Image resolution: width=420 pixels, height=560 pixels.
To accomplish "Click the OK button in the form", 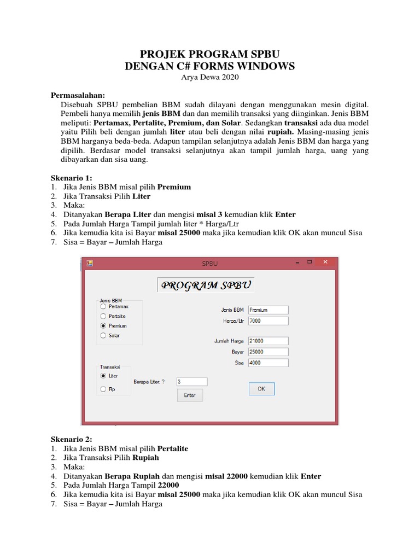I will (261, 389).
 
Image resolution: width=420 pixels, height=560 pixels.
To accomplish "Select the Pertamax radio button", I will (103, 307).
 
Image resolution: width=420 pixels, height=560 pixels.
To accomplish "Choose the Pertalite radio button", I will (103, 316).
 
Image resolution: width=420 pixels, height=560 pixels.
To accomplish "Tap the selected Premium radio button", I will (103, 326).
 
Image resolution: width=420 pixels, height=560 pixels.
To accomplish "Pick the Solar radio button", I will (103, 336).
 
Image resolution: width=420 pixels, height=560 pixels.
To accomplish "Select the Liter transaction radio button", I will (103, 376).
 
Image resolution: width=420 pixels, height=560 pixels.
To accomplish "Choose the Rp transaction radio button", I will (103, 389).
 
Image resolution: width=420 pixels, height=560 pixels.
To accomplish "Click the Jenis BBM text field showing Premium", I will (268, 310).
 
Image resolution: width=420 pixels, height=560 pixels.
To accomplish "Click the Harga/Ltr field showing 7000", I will (268, 320).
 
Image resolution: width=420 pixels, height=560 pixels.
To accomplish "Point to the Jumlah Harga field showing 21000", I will (268, 341).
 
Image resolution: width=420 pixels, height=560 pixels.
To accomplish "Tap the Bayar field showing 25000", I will (268, 352).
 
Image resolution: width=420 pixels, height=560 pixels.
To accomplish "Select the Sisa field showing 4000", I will (268, 363).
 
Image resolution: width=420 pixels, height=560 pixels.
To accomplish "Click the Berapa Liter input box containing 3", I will (192, 382).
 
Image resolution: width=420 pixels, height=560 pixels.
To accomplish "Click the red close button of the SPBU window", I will (326, 262).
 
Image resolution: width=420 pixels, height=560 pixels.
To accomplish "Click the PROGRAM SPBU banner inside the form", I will (206, 285).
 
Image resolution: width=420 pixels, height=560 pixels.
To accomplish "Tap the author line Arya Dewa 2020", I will (209, 77).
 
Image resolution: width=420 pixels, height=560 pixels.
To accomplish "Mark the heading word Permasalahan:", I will (78, 95).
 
